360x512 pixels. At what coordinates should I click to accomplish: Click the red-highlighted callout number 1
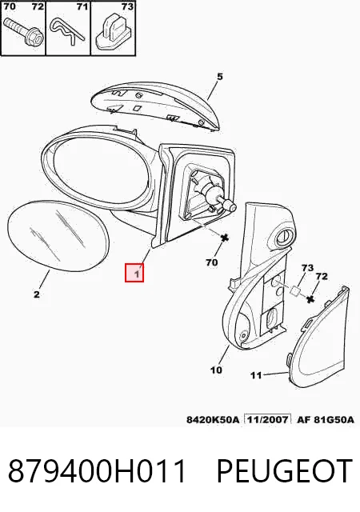pyautogui.click(x=138, y=273)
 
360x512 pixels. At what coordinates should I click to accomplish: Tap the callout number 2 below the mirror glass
pyautogui.click(x=37, y=294)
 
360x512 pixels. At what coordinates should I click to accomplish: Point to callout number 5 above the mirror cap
pyautogui.click(x=219, y=77)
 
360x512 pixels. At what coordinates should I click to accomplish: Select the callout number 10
pyautogui.click(x=216, y=370)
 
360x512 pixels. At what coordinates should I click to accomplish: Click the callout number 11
pyautogui.click(x=256, y=375)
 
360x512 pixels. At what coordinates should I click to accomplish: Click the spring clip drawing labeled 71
pyautogui.click(x=68, y=30)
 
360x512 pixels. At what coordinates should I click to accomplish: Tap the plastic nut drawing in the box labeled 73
pyautogui.click(x=113, y=32)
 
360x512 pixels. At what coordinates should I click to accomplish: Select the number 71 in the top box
pyautogui.click(x=82, y=6)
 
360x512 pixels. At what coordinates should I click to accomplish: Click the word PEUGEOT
pyautogui.click(x=284, y=470)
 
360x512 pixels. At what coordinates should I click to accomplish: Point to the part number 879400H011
pyautogui.click(x=97, y=470)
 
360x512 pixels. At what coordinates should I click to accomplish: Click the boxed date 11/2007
pyautogui.click(x=268, y=419)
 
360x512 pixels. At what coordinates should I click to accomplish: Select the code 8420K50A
pyautogui.click(x=213, y=419)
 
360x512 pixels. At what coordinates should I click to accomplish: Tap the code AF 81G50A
pyautogui.click(x=325, y=419)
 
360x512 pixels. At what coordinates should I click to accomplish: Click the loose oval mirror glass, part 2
pyautogui.click(x=58, y=235)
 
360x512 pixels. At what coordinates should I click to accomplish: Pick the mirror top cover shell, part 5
pyautogui.click(x=155, y=106)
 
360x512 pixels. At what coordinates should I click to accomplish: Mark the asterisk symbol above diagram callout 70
pyautogui.click(x=225, y=238)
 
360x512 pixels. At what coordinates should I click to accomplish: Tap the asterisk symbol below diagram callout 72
pyautogui.click(x=310, y=298)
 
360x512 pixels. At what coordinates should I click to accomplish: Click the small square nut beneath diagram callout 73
pyautogui.click(x=295, y=290)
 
